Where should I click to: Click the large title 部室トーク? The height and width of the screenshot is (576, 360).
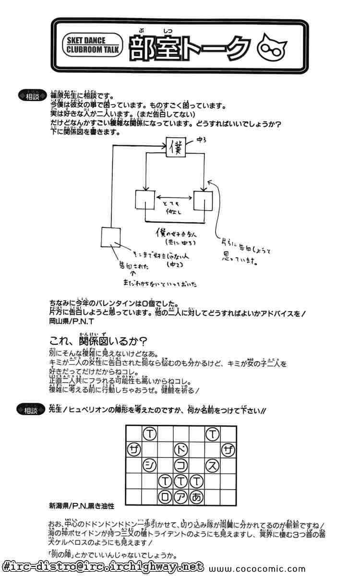189,47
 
